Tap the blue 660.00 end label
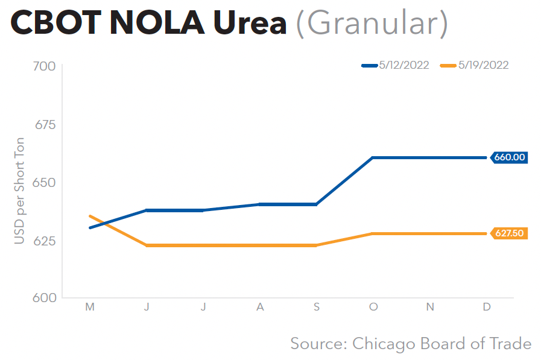click(x=510, y=157)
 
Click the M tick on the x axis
click(x=90, y=307)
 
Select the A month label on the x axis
click(x=260, y=307)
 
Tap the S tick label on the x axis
click(x=317, y=307)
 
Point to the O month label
click(x=373, y=307)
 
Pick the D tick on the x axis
click(x=487, y=307)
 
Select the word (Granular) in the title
click(x=372, y=24)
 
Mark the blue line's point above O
click(x=373, y=157)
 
